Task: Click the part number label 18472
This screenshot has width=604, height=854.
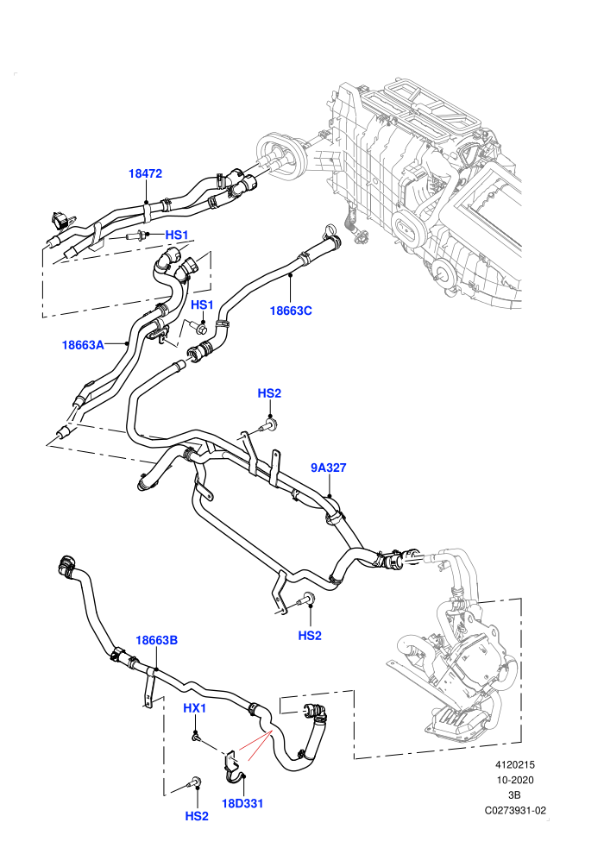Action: tap(146, 173)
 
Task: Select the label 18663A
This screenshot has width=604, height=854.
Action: tap(83, 345)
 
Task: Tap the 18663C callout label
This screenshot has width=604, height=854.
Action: tap(291, 311)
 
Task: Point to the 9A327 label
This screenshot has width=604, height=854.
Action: tap(329, 468)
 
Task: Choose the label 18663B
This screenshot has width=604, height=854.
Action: tap(157, 640)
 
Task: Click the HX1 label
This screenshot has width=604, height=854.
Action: tap(194, 708)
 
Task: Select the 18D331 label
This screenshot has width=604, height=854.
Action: tap(242, 803)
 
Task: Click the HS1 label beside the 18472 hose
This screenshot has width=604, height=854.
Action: tap(177, 235)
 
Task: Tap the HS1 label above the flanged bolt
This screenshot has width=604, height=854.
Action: tap(202, 305)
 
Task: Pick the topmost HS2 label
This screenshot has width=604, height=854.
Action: tap(269, 393)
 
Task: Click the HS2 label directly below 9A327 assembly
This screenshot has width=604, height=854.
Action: tap(310, 635)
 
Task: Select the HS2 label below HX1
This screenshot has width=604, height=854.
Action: tap(197, 816)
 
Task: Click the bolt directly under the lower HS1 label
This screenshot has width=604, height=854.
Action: tap(198, 328)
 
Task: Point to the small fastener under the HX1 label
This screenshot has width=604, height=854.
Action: tap(195, 737)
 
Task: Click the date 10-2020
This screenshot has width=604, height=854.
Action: tap(514, 780)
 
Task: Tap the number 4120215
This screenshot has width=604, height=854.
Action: tap(514, 765)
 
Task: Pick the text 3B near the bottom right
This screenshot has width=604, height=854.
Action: tap(514, 794)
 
